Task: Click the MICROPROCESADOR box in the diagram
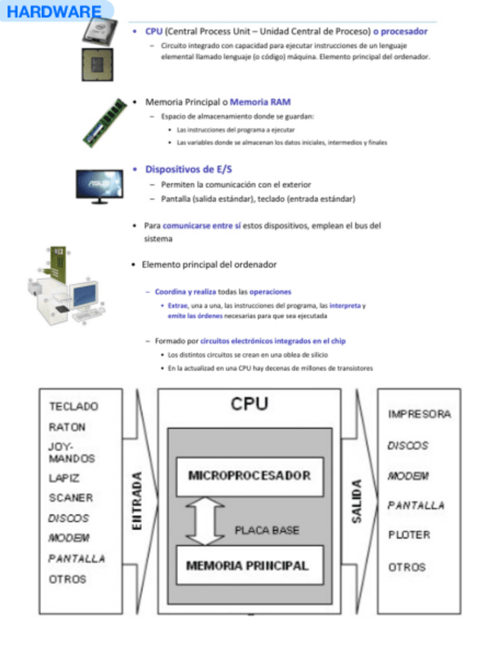tap(249, 475)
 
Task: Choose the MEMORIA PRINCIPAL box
tap(247, 565)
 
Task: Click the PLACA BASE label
tap(266, 530)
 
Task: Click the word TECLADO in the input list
tap(74, 406)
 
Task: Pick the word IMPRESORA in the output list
tap(419, 415)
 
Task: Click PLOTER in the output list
tap(408, 535)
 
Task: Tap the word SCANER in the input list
tap(71, 498)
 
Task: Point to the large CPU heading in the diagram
tap(249, 404)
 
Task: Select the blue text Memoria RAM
tap(260, 101)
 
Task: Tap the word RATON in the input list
tap(67, 427)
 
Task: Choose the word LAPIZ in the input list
tap(64, 478)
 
